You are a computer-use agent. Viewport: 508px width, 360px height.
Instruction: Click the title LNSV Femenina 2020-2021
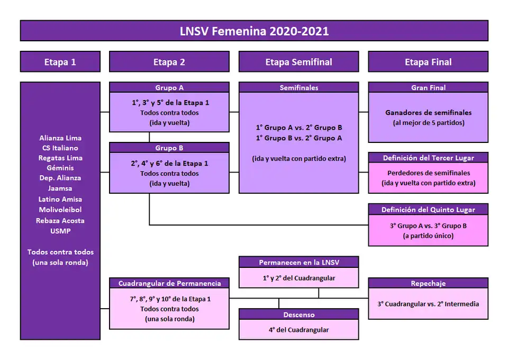254,31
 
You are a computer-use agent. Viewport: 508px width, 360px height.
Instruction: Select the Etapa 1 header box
60,62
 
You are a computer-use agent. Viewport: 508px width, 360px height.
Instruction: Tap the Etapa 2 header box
169,62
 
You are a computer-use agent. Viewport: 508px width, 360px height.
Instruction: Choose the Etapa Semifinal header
298,62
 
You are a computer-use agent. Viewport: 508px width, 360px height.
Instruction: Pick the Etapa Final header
428,62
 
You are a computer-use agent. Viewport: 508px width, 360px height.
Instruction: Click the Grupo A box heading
169,88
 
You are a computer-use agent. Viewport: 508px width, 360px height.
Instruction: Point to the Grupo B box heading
169,148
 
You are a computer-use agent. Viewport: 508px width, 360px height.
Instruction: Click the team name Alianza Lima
60,138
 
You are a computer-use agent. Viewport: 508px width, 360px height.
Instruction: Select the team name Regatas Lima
60,158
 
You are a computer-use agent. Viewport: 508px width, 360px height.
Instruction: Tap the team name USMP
60,231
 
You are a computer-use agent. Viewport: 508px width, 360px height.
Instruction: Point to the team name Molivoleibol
60,210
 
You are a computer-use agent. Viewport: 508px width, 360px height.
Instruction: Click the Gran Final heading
428,88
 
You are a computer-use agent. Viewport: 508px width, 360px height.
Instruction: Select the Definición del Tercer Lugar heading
428,158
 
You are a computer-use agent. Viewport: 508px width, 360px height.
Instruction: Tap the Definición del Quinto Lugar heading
428,210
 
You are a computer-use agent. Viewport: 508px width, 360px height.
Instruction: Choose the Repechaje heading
428,283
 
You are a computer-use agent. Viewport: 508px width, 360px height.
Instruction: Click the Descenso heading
298,314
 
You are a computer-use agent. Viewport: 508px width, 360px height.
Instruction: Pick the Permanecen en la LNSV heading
298,263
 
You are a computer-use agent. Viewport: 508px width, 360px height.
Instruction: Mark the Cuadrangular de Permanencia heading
169,283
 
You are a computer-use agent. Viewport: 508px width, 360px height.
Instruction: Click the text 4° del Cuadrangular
298,330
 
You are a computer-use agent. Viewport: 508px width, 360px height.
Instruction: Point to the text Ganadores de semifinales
428,113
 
